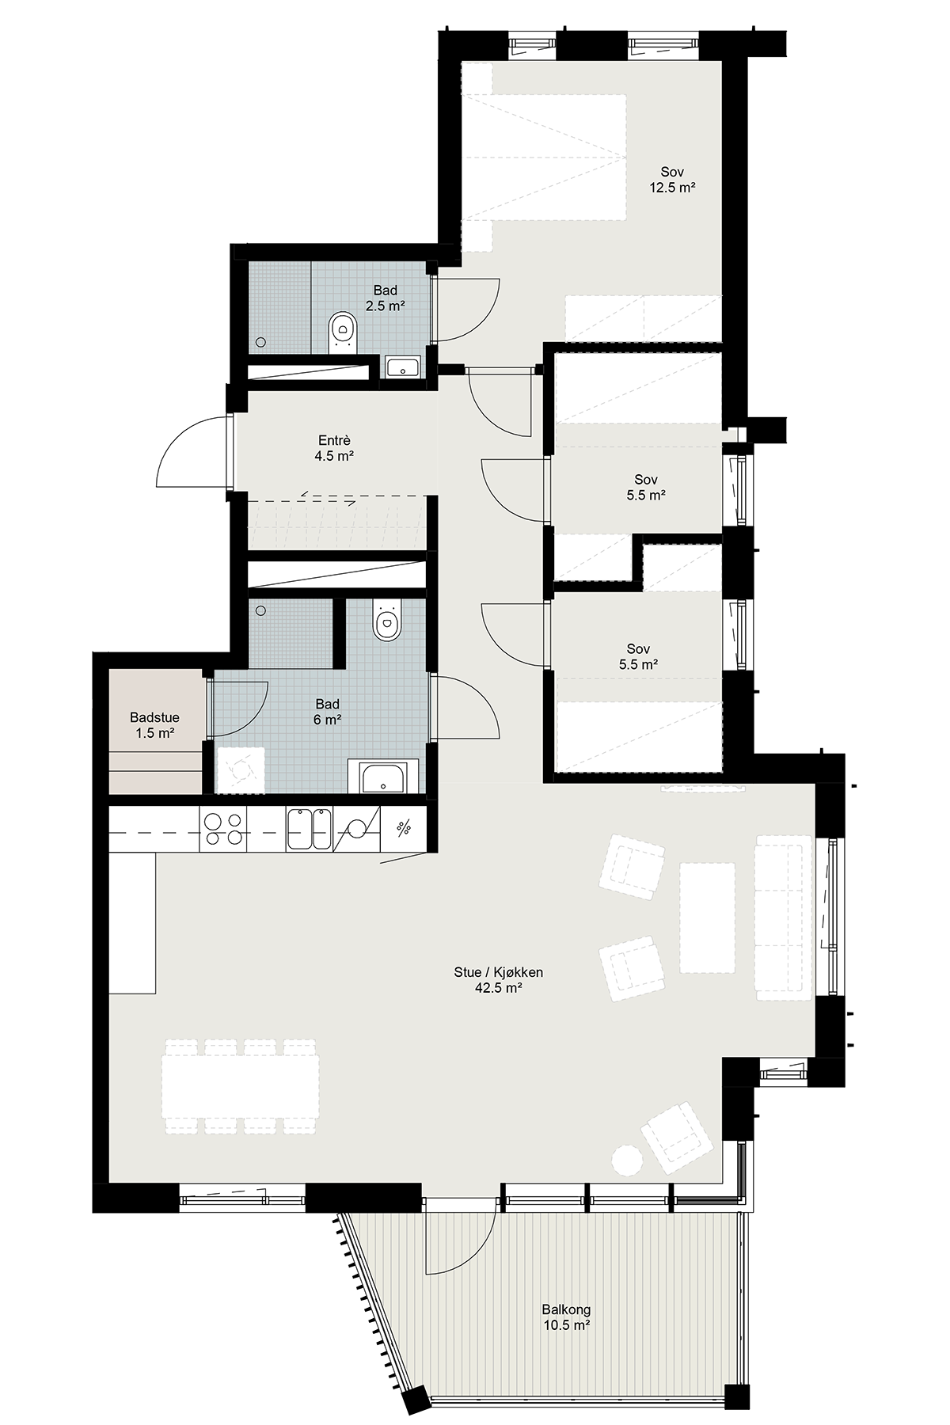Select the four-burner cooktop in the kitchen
224,830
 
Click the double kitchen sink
310,829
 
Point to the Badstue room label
154,718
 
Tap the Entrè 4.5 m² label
334,448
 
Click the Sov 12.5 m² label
673,180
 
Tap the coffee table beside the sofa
708,917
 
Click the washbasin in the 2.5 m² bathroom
403,367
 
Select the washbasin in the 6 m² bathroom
384,777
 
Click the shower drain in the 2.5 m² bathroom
260,342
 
